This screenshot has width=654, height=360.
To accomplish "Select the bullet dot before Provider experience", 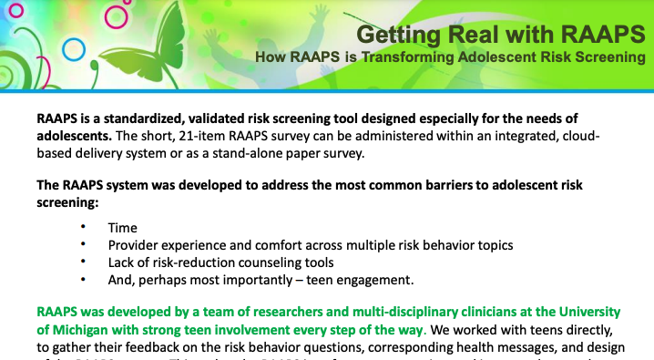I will tap(84, 244).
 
